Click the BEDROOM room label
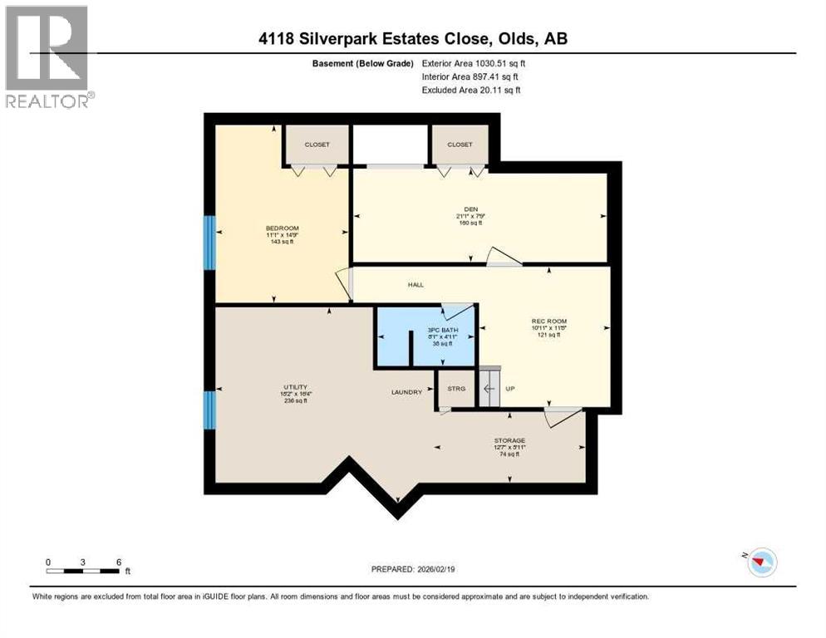[282, 228]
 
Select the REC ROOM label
[548, 321]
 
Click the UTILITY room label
[295, 387]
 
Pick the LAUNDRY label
[408, 391]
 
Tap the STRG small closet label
[456, 388]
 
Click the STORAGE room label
[509, 440]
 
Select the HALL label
[415, 285]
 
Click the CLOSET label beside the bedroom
[317, 145]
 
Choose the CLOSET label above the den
[460, 145]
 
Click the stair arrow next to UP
[489, 388]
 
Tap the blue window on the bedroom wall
[209, 243]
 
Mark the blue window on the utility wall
[209, 410]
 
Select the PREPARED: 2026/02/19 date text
[413, 569]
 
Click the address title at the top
[412, 38]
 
